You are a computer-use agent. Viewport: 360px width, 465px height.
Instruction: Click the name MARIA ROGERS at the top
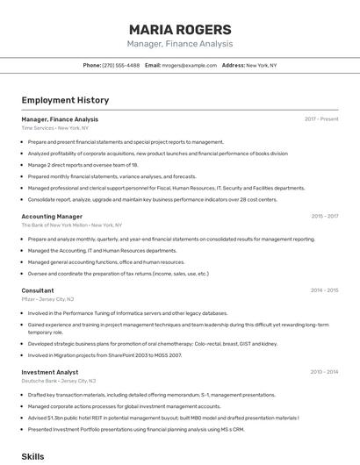coord(179,29)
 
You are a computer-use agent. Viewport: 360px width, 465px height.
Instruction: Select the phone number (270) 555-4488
coord(121,65)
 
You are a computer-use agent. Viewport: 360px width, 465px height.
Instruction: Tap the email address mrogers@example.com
coord(190,65)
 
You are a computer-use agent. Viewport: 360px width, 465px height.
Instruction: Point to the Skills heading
coord(32,456)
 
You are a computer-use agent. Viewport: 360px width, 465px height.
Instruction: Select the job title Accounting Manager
coord(52,216)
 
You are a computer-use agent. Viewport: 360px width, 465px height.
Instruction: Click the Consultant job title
coord(38,290)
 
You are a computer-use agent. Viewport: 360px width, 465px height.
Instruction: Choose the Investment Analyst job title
coord(50,372)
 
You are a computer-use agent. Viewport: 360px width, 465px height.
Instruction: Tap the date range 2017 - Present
coord(321,119)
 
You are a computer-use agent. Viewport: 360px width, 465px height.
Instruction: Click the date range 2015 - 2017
coord(324,216)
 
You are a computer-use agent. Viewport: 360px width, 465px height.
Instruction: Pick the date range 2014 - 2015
coord(324,290)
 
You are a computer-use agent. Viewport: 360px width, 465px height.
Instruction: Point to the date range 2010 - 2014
coord(324,372)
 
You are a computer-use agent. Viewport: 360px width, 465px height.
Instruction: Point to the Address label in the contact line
coord(233,65)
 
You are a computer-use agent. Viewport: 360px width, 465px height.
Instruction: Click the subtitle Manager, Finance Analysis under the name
coord(179,44)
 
